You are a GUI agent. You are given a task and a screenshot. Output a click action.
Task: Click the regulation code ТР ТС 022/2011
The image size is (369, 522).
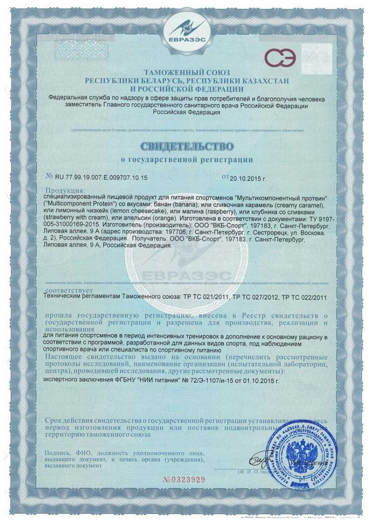[x=303, y=297]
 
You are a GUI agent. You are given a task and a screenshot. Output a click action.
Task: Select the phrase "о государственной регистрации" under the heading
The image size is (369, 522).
[x=186, y=160]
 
